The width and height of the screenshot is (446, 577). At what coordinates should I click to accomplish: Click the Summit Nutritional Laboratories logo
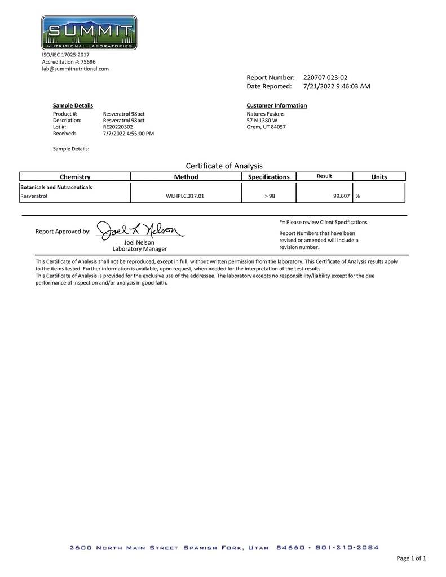tap(89, 33)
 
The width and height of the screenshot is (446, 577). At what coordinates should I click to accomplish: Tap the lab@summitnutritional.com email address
tap(75, 69)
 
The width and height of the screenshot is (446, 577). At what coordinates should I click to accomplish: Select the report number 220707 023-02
tap(329, 77)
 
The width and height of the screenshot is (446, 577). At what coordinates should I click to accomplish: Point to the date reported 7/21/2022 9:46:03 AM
tap(337, 86)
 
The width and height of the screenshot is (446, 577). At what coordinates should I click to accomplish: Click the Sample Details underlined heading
tap(73, 105)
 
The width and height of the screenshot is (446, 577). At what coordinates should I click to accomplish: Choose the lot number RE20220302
tap(118, 127)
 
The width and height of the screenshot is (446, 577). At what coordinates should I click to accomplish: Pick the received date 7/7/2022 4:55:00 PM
tap(129, 134)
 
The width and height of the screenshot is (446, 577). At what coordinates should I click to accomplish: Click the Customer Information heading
tap(277, 105)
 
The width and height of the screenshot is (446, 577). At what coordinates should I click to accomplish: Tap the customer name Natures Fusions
tap(266, 113)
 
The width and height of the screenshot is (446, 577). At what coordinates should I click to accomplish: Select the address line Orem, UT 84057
tap(266, 127)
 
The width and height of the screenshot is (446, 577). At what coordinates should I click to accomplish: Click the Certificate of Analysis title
tap(224, 166)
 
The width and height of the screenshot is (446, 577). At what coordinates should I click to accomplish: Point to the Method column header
tap(186, 177)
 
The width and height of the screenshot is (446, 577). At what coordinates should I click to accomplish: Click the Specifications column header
tap(269, 177)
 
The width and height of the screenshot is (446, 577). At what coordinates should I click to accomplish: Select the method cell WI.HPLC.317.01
tap(186, 196)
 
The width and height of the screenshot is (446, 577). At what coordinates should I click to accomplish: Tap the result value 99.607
tap(342, 196)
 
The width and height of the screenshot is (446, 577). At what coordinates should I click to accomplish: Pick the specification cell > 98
tap(270, 196)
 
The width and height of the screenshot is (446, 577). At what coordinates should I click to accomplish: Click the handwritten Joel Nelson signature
tap(139, 230)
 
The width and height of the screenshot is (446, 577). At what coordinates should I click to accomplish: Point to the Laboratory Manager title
tap(139, 248)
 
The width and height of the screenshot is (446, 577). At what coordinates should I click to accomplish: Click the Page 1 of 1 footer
tap(411, 558)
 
